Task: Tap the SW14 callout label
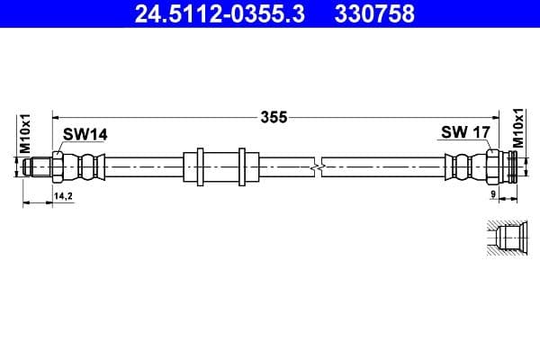[85, 134]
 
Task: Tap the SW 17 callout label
[464, 133]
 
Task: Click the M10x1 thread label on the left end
[26, 133]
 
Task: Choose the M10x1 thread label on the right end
[518, 130]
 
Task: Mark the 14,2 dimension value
[63, 194]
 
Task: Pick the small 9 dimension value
[493, 194]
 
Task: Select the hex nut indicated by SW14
[58, 166]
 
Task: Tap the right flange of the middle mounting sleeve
[242, 166]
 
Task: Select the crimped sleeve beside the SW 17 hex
[460, 166]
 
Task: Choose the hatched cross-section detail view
[503, 241]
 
